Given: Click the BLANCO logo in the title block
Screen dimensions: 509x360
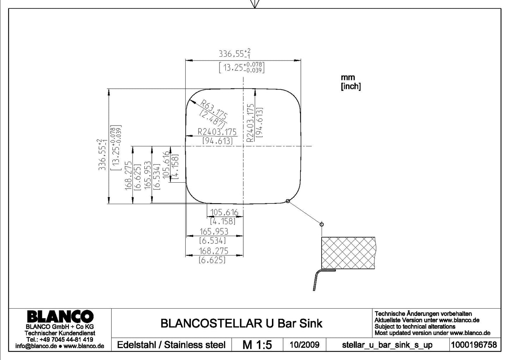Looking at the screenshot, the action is [61, 316].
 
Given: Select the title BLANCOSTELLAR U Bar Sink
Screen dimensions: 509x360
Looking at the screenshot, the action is [241, 323].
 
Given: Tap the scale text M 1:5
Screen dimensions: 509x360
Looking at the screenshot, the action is [257, 345].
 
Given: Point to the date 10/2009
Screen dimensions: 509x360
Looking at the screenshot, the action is [304, 345].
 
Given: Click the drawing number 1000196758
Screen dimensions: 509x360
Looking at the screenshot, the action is [474, 345].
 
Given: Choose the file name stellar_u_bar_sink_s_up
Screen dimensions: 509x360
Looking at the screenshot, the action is [387, 345].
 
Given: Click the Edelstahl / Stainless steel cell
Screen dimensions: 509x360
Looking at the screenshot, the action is [171, 345].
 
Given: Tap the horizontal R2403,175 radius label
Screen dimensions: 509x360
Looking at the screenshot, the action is [217, 132].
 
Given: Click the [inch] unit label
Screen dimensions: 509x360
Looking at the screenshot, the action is [351, 86].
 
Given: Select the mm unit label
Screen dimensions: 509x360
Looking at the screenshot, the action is [348, 77].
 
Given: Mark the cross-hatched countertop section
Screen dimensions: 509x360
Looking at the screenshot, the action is [348, 253].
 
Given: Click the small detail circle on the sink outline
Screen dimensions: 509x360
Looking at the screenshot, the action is [288, 201].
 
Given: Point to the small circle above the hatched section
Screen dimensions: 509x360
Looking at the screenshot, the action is [322, 224].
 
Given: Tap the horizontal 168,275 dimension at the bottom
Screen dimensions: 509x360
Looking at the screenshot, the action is [213, 251].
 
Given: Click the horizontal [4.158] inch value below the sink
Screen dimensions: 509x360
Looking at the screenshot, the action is [223, 221].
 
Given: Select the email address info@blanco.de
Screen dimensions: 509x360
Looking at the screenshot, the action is [36, 346].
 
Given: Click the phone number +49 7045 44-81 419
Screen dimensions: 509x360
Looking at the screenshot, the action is [66, 340].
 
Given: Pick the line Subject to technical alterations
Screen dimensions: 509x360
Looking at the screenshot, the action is [415, 327].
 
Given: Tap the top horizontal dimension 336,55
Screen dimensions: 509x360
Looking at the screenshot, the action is [235, 54].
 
